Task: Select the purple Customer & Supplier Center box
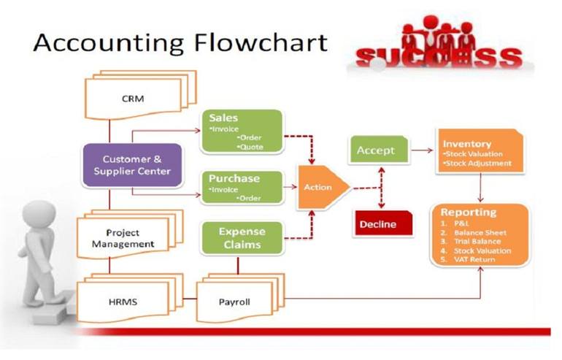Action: coord(131,165)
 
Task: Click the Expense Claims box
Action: coord(240,238)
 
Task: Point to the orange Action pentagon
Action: coord(320,186)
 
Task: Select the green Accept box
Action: coord(376,150)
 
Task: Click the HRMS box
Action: coord(123,300)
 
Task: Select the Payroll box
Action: coord(235,300)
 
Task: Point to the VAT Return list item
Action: coord(478,259)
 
